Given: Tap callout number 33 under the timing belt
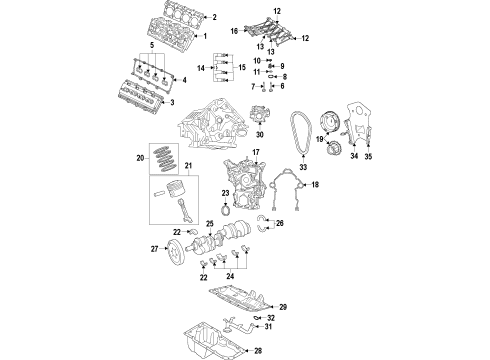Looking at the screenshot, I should tap(299, 171).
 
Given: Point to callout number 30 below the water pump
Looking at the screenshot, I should tap(260, 134).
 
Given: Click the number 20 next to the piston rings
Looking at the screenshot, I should tap(141, 158).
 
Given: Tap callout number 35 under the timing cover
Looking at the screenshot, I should tap(367, 158).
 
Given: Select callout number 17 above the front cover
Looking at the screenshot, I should tap(256, 153).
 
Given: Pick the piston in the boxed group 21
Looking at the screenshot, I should tap(171, 191).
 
